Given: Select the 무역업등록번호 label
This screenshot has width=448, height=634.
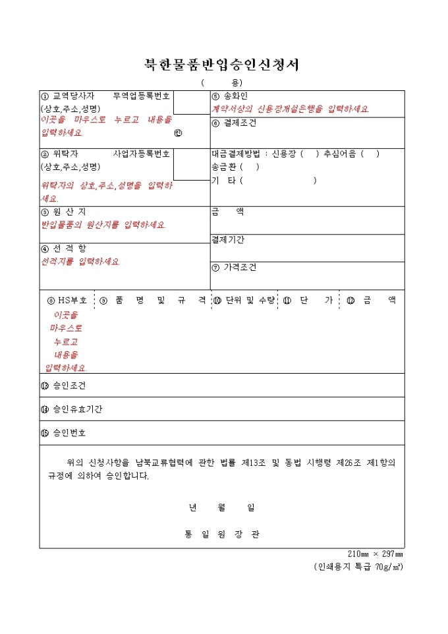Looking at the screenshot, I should [x=142, y=96].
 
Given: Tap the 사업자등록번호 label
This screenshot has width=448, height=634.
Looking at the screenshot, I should [x=142, y=154].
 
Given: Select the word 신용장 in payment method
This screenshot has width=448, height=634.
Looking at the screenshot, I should [x=285, y=154].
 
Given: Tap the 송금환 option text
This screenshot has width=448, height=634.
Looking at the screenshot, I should [x=224, y=167].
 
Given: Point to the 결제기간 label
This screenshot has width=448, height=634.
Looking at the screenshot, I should [x=227, y=239].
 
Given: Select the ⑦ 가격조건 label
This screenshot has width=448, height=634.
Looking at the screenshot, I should [x=234, y=267].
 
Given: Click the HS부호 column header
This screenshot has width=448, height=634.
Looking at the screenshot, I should [x=67, y=300].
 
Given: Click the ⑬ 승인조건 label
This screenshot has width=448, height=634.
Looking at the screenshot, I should [x=63, y=386].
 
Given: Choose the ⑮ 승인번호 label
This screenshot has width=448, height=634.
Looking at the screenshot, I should [x=63, y=433].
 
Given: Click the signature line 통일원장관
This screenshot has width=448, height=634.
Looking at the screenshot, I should [x=222, y=534].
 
